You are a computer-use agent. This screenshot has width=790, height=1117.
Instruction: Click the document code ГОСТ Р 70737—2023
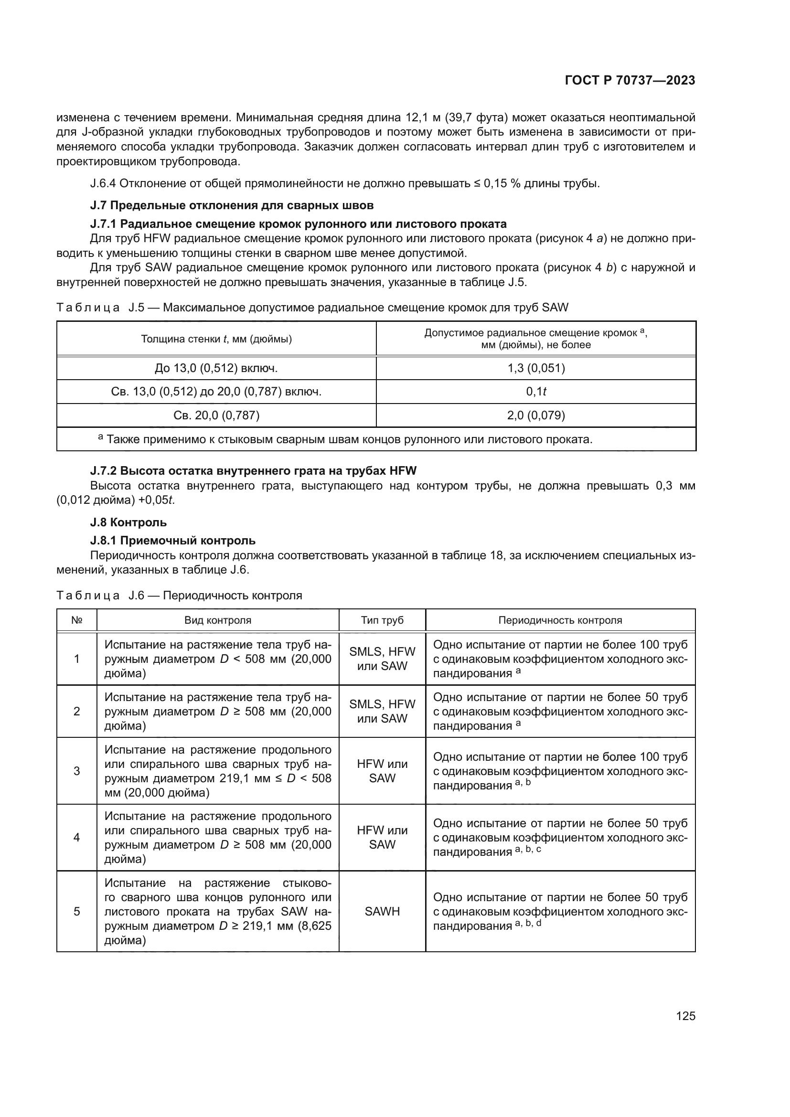coord(630,81)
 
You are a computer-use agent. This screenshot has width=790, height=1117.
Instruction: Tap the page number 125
coord(685,1016)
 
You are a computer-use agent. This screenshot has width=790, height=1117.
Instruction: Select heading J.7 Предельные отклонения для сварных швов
coord(232,205)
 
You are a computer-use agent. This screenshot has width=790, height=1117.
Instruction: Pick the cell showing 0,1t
coord(535,392)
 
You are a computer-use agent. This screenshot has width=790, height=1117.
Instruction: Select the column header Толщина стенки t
coord(216,339)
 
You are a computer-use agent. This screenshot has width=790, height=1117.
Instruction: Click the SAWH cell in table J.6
coord(382,912)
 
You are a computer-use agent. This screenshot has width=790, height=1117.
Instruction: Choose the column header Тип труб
coord(382,620)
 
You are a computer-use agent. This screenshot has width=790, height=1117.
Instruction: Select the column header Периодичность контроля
coord(560,620)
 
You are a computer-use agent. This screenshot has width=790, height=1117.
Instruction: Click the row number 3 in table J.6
coord(76,771)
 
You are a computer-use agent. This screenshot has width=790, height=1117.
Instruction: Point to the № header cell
coord(76,620)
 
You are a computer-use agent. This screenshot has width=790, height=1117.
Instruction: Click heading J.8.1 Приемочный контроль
coord(173,541)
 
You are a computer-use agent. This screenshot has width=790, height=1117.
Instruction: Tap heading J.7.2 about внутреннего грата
coord(253,470)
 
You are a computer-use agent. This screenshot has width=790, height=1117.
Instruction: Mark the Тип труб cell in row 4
coord(382,838)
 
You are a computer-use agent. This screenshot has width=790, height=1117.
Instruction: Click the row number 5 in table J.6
coord(76,912)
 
